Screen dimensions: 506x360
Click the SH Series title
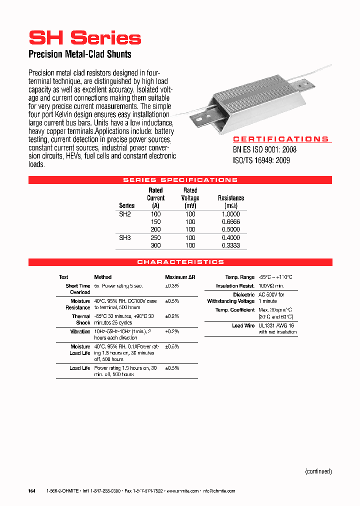point(85,38)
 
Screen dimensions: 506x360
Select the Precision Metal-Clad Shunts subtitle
point(80,54)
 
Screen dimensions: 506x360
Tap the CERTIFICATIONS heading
point(281,139)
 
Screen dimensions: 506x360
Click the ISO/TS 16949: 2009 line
point(261,160)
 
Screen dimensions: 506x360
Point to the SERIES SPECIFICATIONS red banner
point(180,180)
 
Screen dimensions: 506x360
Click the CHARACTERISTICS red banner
point(180,262)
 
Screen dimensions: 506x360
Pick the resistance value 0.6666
point(230,222)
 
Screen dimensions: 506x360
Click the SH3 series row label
point(125,238)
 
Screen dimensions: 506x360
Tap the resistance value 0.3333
point(230,246)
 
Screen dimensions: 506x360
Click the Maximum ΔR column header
point(176,277)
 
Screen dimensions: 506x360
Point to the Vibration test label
point(80,331)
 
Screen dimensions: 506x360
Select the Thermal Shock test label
point(81,319)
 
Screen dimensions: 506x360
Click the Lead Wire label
point(243,325)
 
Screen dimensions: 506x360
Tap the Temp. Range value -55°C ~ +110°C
point(275,277)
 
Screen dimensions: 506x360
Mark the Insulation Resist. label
point(235,286)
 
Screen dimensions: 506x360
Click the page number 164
point(31,491)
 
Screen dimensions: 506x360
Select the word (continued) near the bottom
point(318,471)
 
